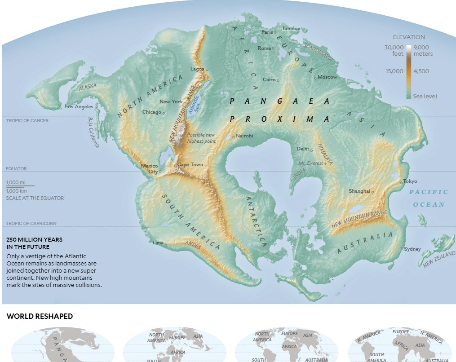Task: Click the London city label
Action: pyautogui.click(x=292, y=29)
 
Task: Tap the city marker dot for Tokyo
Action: pyautogui.click(x=401, y=183)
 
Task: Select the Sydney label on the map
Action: pyautogui.click(x=412, y=249)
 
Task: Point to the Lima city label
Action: pyautogui.click(x=158, y=243)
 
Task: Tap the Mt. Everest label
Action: pyautogui.click(x=311, y=163)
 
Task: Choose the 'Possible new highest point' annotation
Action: pyautogui.click(x=201, y=138)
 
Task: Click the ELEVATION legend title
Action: pyautogui.click(x=408, y=37)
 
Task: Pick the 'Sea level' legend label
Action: pyautogui.click(x=425, y=96)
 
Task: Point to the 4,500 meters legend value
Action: pyautogui.click(x=421, y=71)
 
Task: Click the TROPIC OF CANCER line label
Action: pyautogui.click(x=27, y=120)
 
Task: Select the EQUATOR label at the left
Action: pyautogui.click(x=16, y=169)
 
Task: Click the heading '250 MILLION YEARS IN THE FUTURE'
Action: pyautogui.click(x=34, y=243)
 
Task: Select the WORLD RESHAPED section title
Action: pyautogui.click(x=40, y=317)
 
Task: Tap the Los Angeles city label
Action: pyautogui.click(x=79, y=107)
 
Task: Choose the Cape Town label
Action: pyautogui.click(x=190, y=164)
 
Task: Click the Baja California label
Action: pyautogui.click(x=93, y=132)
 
